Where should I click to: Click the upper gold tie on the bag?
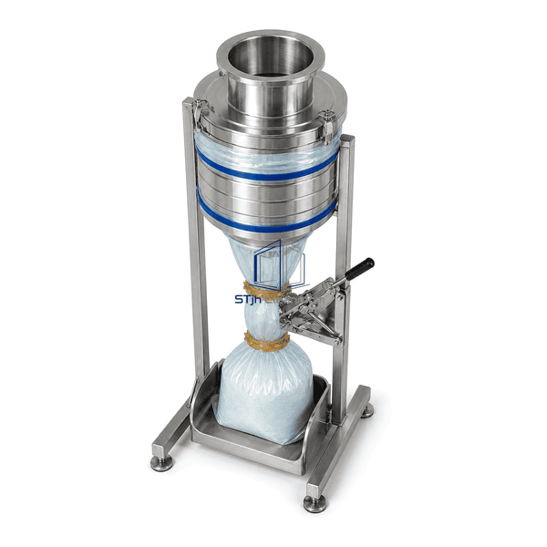[x=266, y=290]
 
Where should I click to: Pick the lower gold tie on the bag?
[x=267, y=341]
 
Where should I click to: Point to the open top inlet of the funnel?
[x=271, y=56]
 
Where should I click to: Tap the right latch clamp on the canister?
[x=327, y=127]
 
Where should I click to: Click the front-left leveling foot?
[x=161, y=463]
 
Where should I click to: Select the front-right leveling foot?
[x=315, y=503]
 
